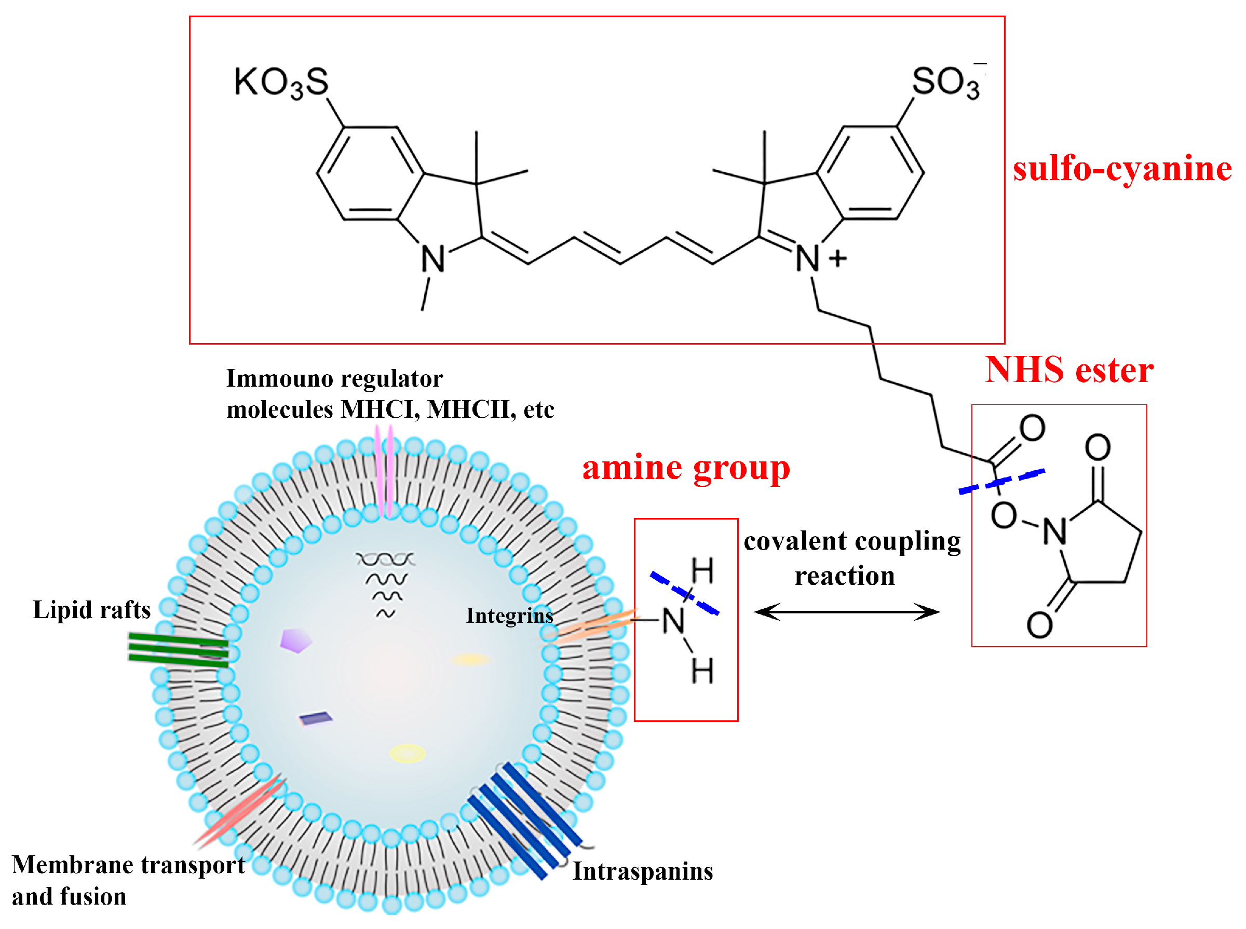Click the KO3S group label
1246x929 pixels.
click(x=280, y=82)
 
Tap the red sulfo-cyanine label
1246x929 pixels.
click(x=1122, y=168)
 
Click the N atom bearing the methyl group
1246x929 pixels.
click(x=432, y=259)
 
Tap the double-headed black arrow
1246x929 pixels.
click(x=846, y=611)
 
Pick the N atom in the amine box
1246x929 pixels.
click(x=673, y=621)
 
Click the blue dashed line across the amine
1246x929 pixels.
click(x=684, y=593)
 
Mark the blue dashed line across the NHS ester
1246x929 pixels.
click(x=1001, y=482)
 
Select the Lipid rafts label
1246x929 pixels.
click(x=92, y=610)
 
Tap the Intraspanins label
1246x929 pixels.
click(x=642, y=871)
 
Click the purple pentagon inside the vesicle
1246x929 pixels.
click(x=295, y=640)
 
